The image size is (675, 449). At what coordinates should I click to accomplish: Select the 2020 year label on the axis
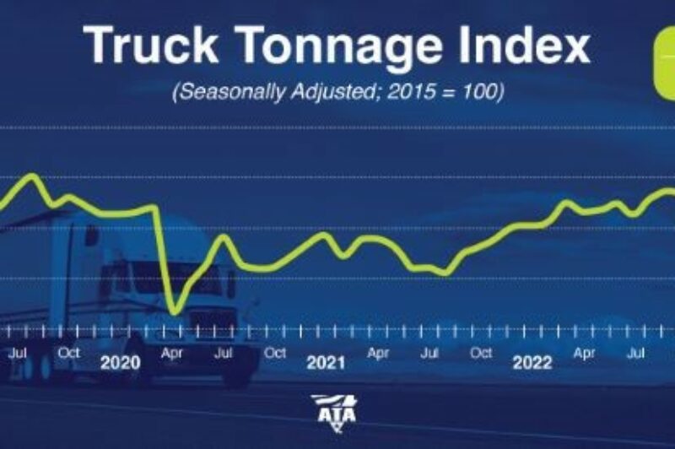(120, 364)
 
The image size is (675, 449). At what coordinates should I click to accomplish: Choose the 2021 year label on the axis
(326, 364)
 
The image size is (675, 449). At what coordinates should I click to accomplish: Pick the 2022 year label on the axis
(532, 364)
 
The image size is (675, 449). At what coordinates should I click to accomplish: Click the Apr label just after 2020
(172, 353)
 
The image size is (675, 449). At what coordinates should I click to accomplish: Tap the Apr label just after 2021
(378, 353)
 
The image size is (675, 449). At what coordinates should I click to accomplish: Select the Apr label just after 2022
(584, 353)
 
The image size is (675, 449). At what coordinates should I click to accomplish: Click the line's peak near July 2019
(32, 176)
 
